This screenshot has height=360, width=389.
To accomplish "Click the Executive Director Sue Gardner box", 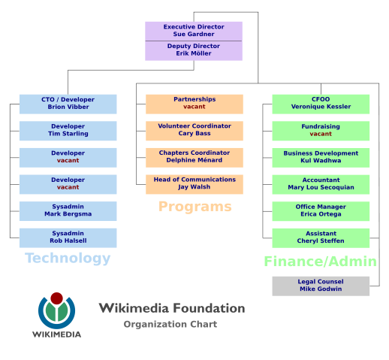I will point(194,31).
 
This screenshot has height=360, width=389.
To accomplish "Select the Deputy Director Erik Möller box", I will point(194,50).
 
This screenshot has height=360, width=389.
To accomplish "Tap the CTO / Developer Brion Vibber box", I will point(68,104).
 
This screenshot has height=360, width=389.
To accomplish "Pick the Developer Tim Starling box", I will point(68,131).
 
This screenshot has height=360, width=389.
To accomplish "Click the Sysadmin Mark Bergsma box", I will point(68,211).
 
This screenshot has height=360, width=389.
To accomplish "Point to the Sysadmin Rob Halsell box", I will point(68,237).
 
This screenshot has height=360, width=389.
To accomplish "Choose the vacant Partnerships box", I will point(194,104).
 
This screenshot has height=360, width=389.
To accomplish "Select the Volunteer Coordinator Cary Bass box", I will point(194,130).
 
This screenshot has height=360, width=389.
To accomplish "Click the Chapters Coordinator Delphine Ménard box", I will point(194,157).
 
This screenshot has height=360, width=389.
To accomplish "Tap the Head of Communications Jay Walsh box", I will point(194,184).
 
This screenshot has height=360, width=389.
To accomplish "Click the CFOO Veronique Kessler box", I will point(321,104).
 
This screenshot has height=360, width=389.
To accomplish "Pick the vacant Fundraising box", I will point(321,131).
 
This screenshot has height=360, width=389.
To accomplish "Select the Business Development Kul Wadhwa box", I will point(321,158).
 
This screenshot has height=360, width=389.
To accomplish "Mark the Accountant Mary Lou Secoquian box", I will point(321,184).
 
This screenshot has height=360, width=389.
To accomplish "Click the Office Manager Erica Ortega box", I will point(321,211).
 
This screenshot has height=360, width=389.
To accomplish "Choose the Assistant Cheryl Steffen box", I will point(321,237).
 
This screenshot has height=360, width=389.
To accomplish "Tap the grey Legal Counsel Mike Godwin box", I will point(321,286).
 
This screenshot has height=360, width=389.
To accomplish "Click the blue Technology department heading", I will point(68,259).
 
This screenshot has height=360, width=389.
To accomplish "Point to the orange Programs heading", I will point(194,206).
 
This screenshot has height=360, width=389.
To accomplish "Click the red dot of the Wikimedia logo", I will point(56,298).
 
